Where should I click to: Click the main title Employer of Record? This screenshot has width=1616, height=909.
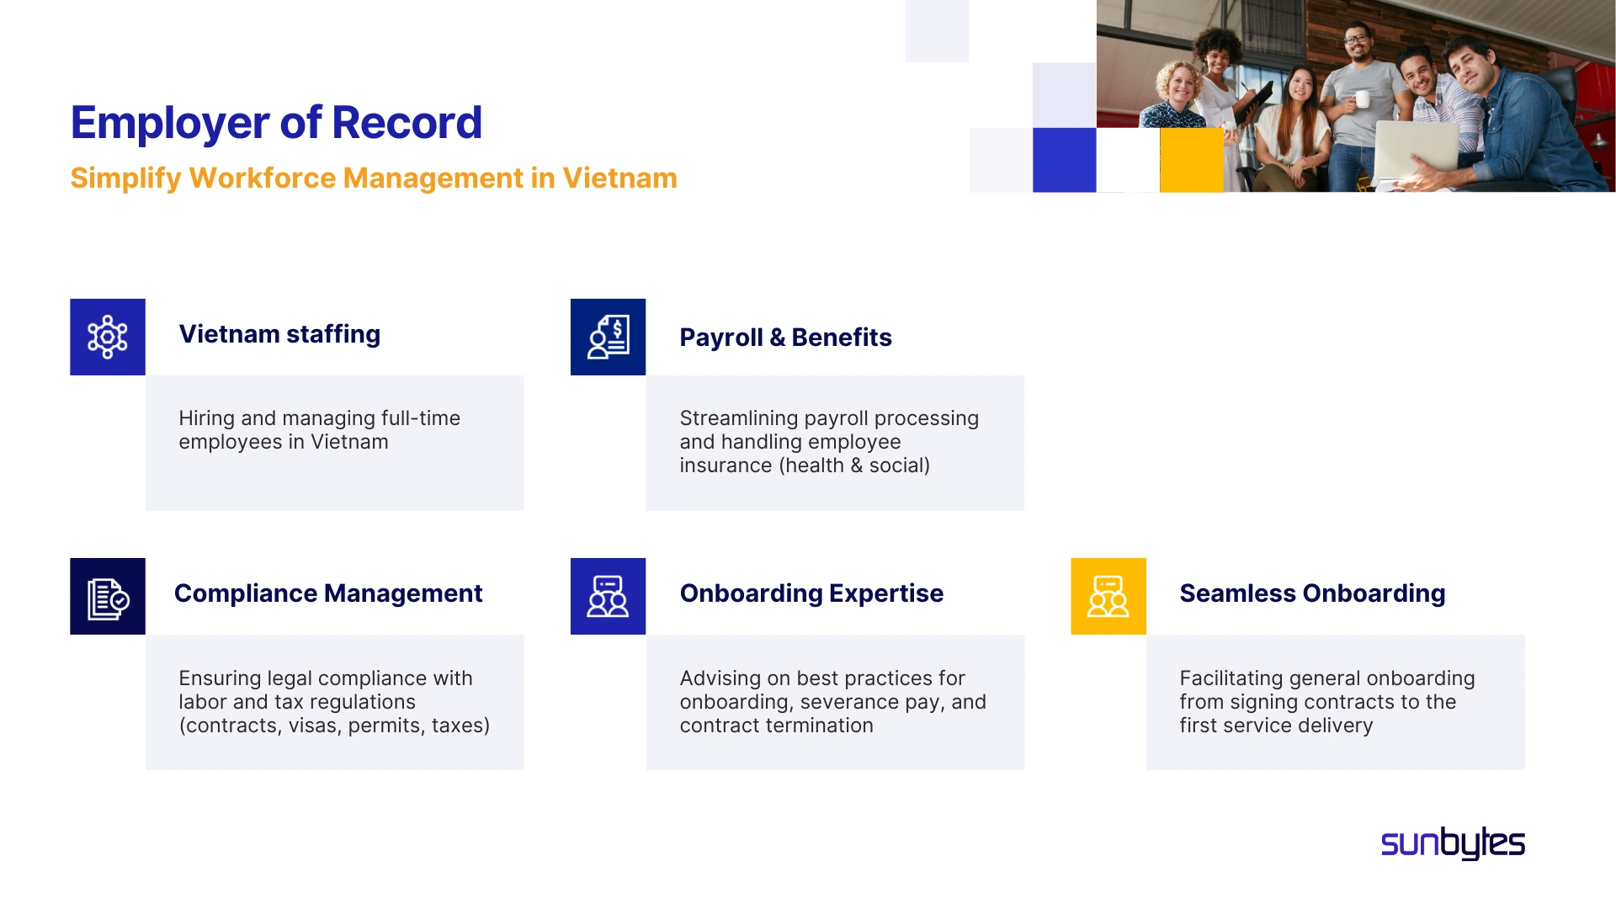point(276,123)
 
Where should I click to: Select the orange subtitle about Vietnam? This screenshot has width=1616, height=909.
point(374,178)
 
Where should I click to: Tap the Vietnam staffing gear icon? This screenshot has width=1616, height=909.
point(108,337)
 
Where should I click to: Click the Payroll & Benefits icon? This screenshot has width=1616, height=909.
point(608,337)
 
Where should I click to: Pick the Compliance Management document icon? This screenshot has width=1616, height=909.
point(108,596)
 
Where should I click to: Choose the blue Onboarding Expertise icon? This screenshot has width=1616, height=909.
point(608,596)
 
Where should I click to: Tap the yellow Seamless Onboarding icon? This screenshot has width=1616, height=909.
point(1108,596)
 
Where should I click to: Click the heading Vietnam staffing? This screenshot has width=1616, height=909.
point(279,334)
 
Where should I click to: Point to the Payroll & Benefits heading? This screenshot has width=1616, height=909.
point(785,338)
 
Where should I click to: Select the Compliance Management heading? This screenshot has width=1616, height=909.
point(328,593)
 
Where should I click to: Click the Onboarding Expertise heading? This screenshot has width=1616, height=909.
point(811,593)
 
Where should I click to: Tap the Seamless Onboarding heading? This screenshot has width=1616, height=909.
point(1312,593)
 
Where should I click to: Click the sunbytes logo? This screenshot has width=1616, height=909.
point(1453,843)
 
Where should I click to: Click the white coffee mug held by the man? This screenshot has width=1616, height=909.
point(1362,99)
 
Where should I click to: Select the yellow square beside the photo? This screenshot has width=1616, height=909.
point(1191,160)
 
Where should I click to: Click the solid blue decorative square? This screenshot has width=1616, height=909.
point(1064,160)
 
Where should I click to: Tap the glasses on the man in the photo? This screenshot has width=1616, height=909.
point(1356,38)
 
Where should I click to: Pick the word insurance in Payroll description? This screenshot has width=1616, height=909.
point(726,465)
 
